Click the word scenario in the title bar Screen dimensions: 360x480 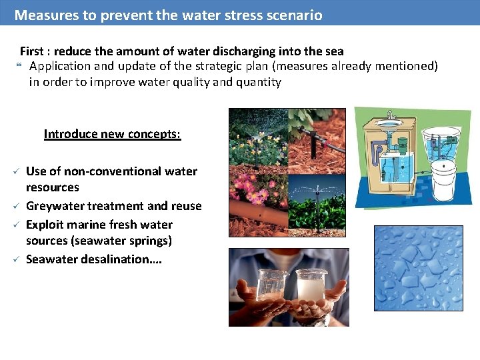pos(293,15)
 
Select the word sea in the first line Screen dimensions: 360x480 pos(334,51)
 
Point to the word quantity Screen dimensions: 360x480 pos(255,83)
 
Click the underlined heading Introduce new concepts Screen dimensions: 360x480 pos(112,134)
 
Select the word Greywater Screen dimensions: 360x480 pos(55,206)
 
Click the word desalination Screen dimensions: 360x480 pos(119,259)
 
